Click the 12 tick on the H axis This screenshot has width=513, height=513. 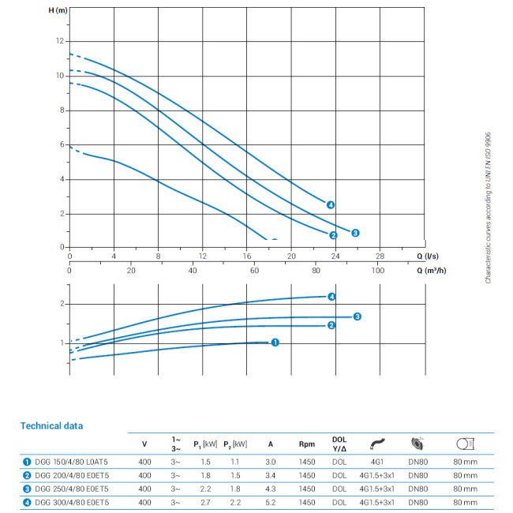pyautogui.click(x=58, y=41)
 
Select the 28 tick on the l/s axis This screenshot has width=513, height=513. pyautogui.click(x=380, y=256)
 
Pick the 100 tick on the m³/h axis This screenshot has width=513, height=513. pyautogui.click(x=378, y=271)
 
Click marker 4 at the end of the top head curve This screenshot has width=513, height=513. pyautogui.click(x=331, y=205)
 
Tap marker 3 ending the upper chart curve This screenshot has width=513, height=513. pyautogui.click(x=356, y=233)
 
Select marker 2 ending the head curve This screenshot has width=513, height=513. pyautogui.click(x=334, y=235)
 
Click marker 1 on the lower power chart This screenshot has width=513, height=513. pyautogui.click(x=275, y=343)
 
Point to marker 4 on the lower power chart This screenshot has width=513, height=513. pyautogui.click(x=331, y=297)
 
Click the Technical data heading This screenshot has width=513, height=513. pyautogui.click(x=51, y=426)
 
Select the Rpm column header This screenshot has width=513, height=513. pyautogui.click(x=307, y=444)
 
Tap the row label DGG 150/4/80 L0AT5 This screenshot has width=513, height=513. pyautogui.click(x=72, y=462)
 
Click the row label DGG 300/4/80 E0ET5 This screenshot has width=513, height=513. pyautogui.click(x=72, y=503)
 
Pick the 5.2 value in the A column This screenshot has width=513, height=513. pyautogui.click(x=271, y=503)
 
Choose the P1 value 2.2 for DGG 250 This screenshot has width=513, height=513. pyautogui.click(x=206, y=489)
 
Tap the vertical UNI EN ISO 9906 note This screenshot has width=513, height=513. pyautogui.click(x=489, y=208)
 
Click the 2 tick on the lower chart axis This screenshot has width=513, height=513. pyautogui.click(x=62, y=304)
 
